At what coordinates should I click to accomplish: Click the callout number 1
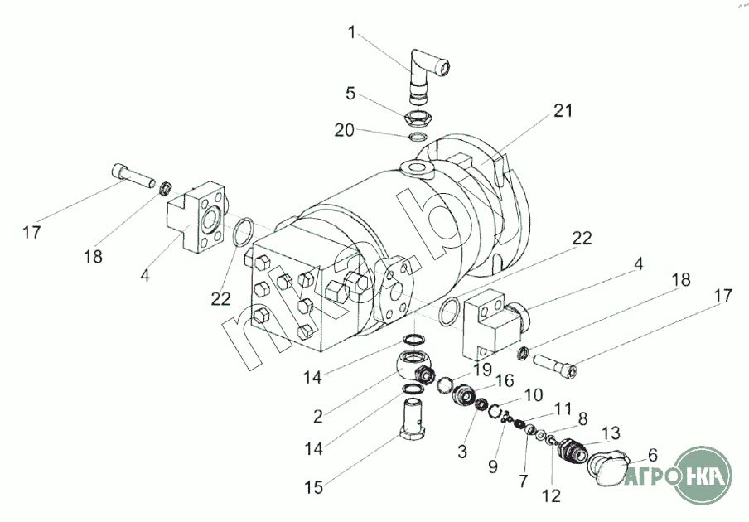[x=352, y=33]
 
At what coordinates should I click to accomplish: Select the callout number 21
[x=563, y=110]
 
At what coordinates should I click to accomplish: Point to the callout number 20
[x=344, y=130]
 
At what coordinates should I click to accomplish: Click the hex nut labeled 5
[x=418, y=118]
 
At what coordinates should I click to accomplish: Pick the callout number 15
[x=313, y=487]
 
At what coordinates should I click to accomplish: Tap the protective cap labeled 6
[x=607, y=470]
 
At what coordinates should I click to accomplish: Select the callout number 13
[x=611, y=433]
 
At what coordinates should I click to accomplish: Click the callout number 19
[x=482, y=370]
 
